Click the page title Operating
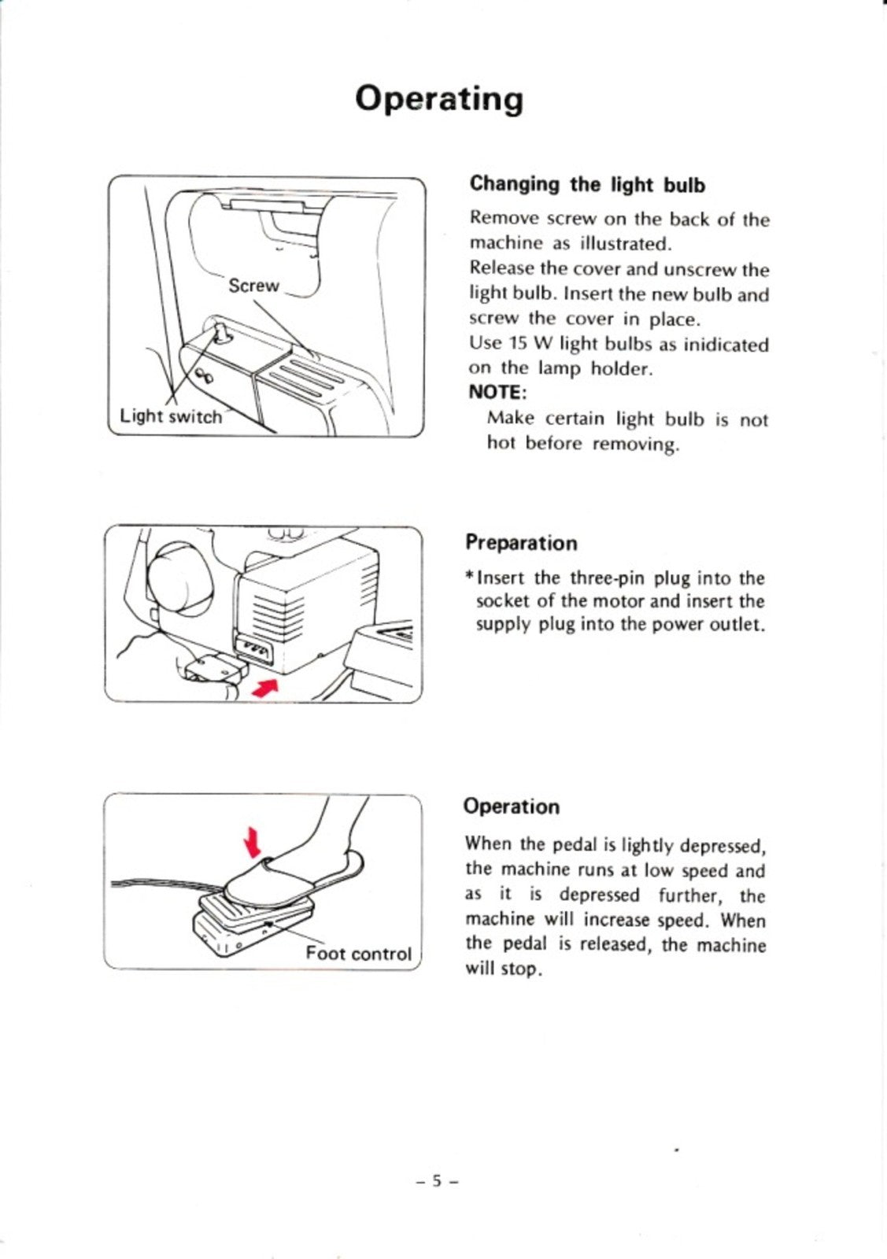tap(438, 100)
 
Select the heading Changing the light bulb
tap(587, 185)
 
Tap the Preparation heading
tap(520, 543)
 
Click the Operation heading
tap(512, 807)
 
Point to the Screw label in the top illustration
tap(253, 286)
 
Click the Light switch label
tap(170, 416)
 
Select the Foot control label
tap(358, 954)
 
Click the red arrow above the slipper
tap(252, 842)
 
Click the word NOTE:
tap(497, 392)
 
